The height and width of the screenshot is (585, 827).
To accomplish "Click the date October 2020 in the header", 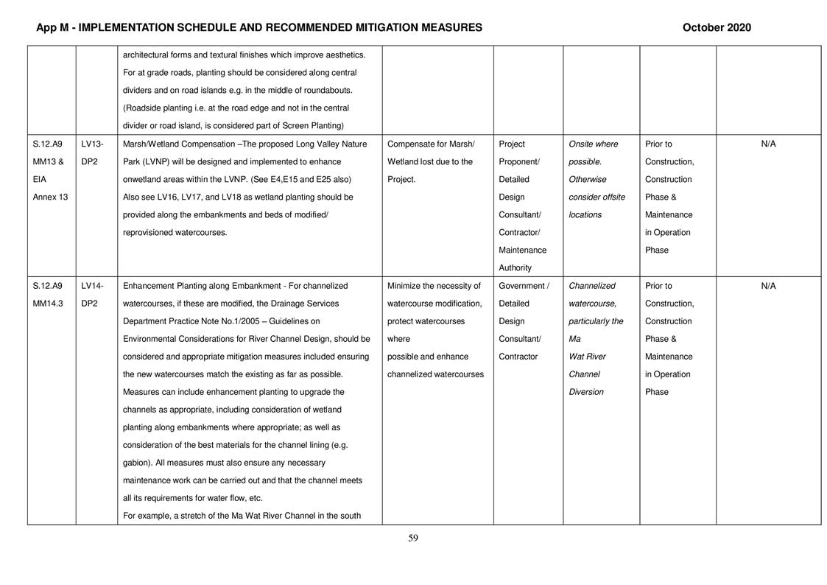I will [716, 28].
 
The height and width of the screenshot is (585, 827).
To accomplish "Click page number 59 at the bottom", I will [413, 538].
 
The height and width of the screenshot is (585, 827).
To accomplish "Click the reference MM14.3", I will [49, 304].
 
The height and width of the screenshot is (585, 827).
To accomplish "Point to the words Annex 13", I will [50, 197].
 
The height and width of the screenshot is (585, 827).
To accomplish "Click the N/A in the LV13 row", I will [768, 144].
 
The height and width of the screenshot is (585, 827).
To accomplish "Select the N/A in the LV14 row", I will [768, 286].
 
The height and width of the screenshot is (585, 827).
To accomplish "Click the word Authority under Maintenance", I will [515, 268].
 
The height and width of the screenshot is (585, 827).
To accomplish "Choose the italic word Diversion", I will [586, 392].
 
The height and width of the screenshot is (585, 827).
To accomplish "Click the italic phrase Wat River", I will [588, 357].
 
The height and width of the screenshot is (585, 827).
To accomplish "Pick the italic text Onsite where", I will [594, 144].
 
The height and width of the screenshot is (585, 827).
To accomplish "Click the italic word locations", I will [585, 215].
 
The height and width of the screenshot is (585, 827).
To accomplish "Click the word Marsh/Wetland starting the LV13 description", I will [152, 144].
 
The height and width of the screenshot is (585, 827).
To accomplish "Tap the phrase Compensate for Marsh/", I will [431, 144].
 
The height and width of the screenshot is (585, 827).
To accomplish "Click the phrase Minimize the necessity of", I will [434, 286].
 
